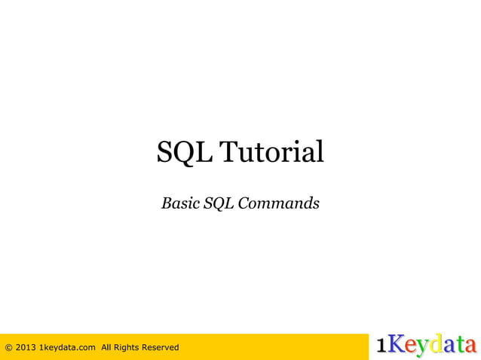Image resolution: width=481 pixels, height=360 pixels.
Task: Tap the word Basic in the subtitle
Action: pyautogui.click(x=179, y=203)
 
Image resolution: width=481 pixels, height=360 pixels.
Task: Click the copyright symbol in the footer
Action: pyautogui.click(x=8, y=347)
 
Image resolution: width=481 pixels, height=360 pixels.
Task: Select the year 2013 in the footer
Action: pyautogui.click(x=24, y=347)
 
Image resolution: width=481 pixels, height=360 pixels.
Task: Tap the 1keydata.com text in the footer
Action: pyautogui.click(x=67, y=347)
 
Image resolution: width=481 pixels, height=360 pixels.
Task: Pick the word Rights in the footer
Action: pyautogui.click(x=132, y=347)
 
